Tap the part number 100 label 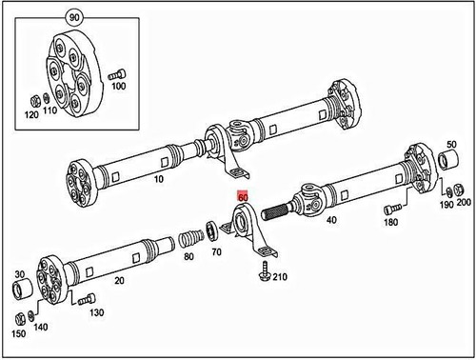pos(119,87)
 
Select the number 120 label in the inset pos(31,115)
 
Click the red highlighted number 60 pos(243,199)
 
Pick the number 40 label pos(331,220)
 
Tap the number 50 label pos(452,144)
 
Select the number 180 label pos(389,222)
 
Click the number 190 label pos(445,205)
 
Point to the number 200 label pos(464,205)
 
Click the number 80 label pos(188,257)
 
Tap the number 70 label pos(215,252)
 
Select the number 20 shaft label pos(119,282)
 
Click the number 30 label pos(20,275)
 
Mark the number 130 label pos(95,312)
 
